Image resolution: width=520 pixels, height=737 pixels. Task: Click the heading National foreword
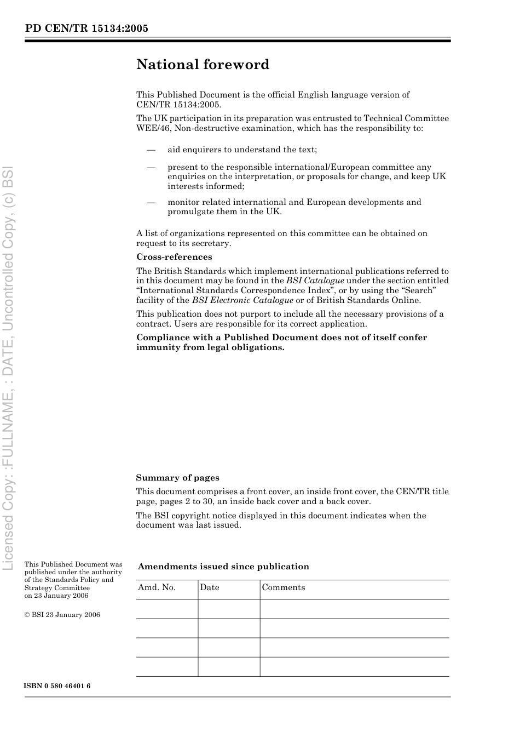pos(203,65)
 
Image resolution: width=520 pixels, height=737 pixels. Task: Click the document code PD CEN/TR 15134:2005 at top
pos(86,28)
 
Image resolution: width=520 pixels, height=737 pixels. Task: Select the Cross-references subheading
pos(174,257)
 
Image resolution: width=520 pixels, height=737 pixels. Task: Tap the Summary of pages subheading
pos(177,478)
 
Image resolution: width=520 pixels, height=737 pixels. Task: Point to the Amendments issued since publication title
pos(223,567)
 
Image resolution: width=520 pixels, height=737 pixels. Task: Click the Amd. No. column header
pos(157,587)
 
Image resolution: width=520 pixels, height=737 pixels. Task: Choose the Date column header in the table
pos(209,587)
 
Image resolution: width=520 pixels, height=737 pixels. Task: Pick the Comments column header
pos(283,587)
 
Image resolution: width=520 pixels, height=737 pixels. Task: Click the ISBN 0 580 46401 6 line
pos(57,686)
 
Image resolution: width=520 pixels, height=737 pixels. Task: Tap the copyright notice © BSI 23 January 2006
pos(62,615)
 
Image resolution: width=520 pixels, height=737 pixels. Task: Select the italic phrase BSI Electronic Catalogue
pos(242,300)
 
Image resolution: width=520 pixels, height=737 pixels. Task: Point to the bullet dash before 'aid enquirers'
pos(151,150)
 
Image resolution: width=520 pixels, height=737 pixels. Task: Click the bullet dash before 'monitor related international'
pos(151,202)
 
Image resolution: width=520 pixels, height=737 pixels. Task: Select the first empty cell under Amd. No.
pos(167,609)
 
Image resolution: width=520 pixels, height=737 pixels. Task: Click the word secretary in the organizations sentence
pos(211,243)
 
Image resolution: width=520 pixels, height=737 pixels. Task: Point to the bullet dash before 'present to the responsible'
pos(151,167)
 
